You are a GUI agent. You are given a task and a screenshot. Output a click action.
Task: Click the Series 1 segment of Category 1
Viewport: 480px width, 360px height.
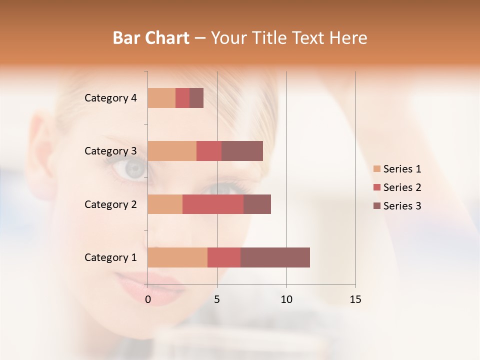177,257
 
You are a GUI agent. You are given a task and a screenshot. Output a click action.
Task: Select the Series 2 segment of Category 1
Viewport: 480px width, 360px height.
224,257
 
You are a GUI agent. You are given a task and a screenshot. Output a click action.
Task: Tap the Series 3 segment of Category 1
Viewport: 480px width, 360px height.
275,257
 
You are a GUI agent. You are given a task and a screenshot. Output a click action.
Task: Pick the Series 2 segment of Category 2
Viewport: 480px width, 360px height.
213,204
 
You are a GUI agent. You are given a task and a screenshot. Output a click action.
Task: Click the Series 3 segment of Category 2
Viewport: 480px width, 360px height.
257,204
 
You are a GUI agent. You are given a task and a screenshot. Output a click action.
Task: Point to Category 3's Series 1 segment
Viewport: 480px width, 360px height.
172,151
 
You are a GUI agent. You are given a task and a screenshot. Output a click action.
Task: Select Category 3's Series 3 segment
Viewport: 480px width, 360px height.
242,151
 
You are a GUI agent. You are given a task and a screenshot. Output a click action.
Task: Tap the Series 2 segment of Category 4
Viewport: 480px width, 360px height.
182,98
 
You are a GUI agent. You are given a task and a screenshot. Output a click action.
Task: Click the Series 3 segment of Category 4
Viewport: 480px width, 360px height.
196,98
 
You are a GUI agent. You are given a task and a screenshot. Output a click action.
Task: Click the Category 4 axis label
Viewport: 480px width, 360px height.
110,98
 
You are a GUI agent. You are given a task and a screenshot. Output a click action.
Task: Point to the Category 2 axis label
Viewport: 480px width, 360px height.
110,204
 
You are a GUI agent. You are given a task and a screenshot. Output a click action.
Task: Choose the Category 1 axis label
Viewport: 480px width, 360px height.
110,257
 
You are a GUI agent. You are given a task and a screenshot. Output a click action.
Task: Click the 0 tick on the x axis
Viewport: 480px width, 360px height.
148,299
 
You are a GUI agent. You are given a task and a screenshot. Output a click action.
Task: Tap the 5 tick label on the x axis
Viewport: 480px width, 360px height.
217,299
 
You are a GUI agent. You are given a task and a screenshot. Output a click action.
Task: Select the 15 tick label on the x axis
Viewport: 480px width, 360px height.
355,299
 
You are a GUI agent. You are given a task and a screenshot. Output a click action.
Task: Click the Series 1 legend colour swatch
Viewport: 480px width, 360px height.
376,169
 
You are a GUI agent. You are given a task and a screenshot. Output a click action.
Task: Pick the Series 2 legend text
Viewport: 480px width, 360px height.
402,187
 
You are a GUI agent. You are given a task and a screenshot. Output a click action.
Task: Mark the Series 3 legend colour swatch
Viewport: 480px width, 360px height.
376,206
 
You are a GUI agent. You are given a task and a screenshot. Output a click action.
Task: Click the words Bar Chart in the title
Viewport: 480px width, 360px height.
151,38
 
